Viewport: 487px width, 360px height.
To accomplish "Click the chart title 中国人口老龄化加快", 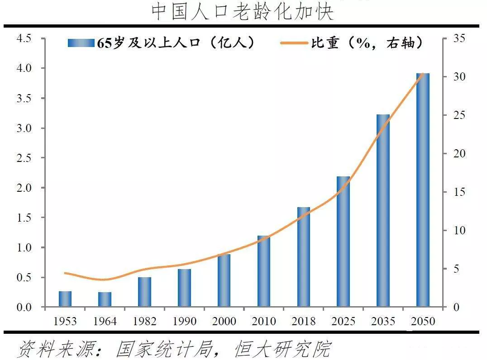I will [x=243, y=12].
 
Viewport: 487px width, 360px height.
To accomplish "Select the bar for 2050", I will [x=423, y=190].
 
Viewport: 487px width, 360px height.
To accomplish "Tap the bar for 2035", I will [x=383, y=211].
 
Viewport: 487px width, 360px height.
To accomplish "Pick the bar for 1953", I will [x=65, y=299].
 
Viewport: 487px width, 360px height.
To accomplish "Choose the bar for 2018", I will [x=304, y=257].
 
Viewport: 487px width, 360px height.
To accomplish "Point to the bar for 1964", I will [x=105, y=299].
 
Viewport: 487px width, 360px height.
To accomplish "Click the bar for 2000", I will [x=224, y=280].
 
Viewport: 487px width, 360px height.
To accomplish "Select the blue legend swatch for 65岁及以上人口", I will [x=81, y=43].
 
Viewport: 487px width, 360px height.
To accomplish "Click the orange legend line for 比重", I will [x=294, y=43].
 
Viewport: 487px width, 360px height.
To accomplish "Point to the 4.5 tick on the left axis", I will [x=24, y=38].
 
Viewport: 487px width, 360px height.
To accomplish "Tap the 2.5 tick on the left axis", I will [x=24, y=158].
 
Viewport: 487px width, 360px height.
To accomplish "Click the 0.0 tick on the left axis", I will [x=24, y=308].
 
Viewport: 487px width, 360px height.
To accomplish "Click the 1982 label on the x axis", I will [x=145, y=322].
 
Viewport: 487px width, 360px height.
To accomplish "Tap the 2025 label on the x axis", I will [x=343, y=322].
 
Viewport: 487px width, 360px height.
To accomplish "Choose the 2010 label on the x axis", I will [x=264, y=322].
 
